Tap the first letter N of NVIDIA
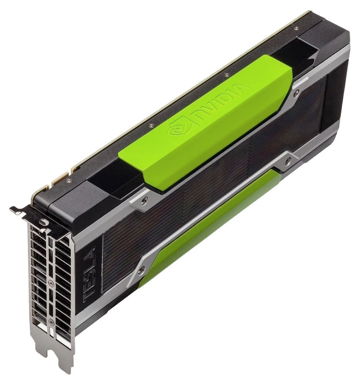199,114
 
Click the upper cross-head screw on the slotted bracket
51,284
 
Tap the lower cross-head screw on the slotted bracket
51,321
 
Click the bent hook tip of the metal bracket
13,209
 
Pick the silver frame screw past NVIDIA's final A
296,93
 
